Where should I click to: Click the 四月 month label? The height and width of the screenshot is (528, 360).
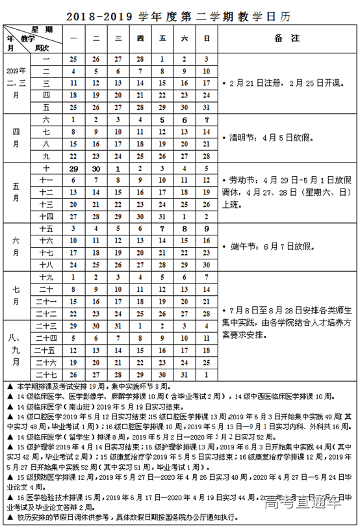coord(14,138)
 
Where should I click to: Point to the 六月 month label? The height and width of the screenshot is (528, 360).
coord(14,247)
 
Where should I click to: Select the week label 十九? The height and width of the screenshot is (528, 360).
coord(46,277)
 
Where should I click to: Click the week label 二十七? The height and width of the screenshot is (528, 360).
coord(46,375)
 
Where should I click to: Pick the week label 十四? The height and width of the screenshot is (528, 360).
coord(46,216)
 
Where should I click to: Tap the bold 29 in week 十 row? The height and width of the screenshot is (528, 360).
coord(74,168)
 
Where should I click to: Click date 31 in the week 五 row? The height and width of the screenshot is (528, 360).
coord(207,107)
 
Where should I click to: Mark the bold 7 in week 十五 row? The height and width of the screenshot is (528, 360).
coord(162,229)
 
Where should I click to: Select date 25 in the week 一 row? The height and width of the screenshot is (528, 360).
coord(74,59)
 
